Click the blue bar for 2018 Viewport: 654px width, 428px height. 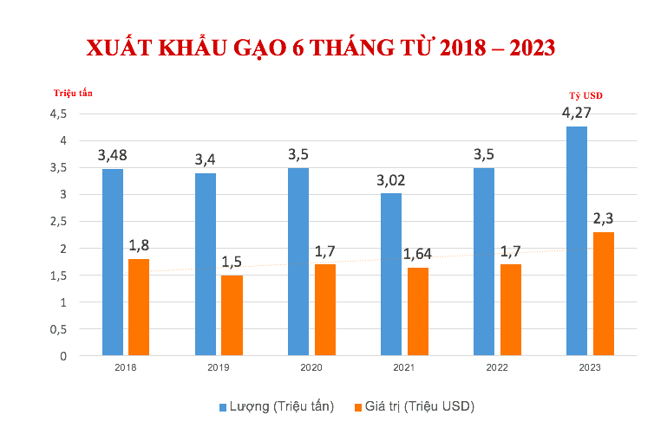[x=113, y=262]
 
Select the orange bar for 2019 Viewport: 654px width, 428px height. [x=232, y=315]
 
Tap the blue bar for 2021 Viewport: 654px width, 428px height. [x=391, y=274]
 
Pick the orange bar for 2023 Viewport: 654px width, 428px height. [x=604, y=294]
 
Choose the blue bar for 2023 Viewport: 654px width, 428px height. [x=577, y=241]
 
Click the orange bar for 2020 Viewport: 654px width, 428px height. [x=325, y=309]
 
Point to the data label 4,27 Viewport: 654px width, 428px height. [x=577, y=113]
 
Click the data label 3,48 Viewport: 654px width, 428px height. [x=113, y=156]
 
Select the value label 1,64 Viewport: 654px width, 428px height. [x=418, y=254]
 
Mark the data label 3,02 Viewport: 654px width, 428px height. [x=391, y=180]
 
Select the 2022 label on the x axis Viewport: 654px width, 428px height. [x=497, y=367]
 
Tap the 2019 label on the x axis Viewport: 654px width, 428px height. [x=219, y=367]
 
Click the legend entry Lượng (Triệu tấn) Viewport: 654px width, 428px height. [x=277, y=405]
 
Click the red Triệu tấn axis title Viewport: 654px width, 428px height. [x=73, y=92]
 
